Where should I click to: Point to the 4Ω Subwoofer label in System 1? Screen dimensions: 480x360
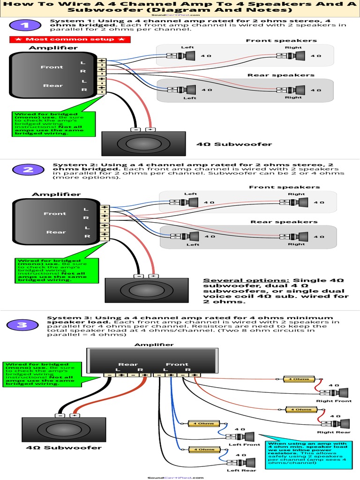click(234, 144)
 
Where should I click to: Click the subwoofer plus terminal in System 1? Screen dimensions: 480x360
click(150, 129)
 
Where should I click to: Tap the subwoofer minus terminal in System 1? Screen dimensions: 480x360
click(135, 129)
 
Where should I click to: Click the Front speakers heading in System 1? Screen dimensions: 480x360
click(281, 41)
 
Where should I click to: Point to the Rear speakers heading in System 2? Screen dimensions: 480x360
click(284, 222)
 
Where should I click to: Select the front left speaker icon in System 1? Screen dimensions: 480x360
click(189, 56)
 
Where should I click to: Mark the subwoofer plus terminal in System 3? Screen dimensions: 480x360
click(74, 415)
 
